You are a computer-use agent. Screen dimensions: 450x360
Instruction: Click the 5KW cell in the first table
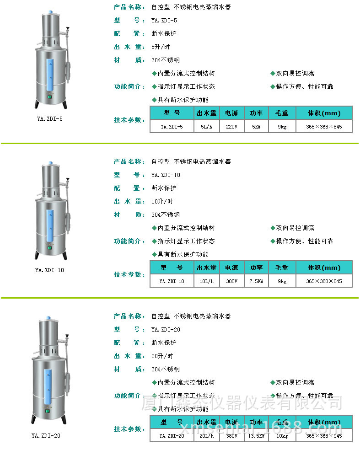[x=256, y=127]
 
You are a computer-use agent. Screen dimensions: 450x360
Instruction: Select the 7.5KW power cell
[x=256, y=281]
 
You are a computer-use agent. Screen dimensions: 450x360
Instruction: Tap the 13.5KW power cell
[x=256, y=436]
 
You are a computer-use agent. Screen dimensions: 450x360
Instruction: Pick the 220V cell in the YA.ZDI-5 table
[x=232, y=127]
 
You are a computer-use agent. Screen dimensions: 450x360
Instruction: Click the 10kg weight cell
[x=282, y=436]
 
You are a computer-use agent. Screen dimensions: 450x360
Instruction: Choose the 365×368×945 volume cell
[x=324, y=436]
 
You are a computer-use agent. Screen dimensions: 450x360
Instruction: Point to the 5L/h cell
[x=206, y=127]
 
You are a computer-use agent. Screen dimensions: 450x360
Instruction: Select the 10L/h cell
[x=206, y=281]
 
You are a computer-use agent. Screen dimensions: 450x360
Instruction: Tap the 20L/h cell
[x=206, y=436]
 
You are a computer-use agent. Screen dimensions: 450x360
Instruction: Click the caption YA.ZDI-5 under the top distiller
[x=50, y=119]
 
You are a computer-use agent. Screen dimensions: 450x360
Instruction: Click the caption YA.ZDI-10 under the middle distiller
[x=50, y=270]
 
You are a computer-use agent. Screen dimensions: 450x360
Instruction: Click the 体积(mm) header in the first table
[x=324, y=113]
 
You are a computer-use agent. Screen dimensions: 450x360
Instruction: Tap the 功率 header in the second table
[x=256, y=268]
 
